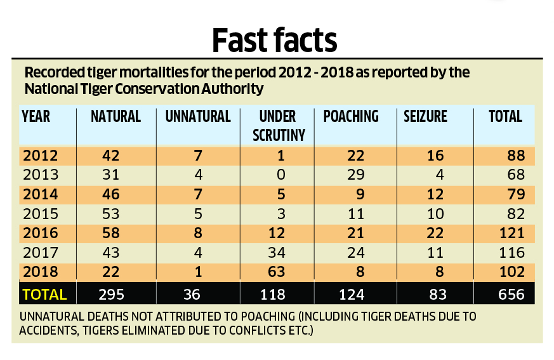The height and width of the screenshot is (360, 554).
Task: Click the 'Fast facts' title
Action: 274,39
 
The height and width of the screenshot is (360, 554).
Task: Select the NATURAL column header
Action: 115,116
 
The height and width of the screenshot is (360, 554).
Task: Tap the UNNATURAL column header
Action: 198,116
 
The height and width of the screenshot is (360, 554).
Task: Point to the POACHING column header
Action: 351,116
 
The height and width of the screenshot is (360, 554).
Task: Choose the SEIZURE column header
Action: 426,116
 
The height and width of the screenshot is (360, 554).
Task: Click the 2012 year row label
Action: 41,156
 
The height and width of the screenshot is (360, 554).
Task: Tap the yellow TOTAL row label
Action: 44,294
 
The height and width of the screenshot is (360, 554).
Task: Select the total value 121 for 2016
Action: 511,233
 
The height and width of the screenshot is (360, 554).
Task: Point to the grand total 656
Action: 511,294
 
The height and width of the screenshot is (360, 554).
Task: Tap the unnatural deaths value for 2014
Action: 198,194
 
